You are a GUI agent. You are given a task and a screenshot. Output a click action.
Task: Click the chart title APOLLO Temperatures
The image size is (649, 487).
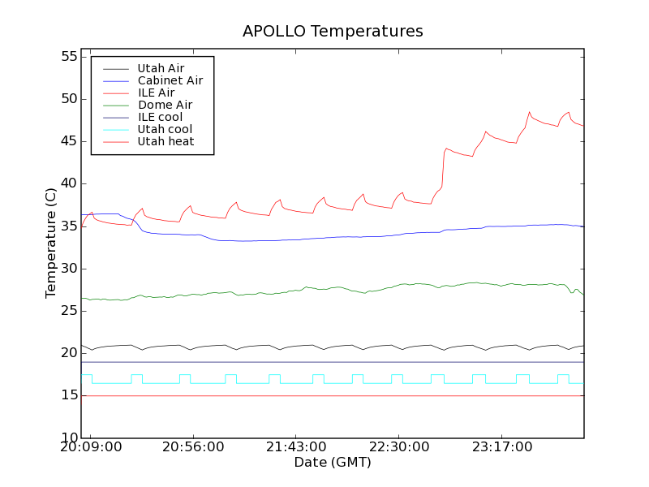tap(333, 32)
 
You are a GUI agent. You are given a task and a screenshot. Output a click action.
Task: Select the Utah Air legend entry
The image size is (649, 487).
tap(161, 68)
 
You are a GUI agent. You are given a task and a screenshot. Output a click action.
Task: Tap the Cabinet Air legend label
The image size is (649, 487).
tap(170, 80)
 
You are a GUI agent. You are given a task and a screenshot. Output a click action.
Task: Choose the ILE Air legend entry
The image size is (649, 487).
tap(156, 93)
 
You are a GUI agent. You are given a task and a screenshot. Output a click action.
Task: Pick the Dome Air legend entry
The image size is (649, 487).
tap(165, 105)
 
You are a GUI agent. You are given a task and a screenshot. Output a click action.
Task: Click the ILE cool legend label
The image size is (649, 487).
tap(160, 117)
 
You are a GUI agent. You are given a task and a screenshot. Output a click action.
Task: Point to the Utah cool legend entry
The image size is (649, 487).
tap(165, 129)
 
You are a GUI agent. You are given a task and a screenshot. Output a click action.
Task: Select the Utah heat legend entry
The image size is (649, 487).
tap(165, 141)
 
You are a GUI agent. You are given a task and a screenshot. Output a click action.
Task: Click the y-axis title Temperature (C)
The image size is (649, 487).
tap(51, 243)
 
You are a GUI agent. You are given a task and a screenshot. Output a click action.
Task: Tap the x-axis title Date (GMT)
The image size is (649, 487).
tap(333, 463)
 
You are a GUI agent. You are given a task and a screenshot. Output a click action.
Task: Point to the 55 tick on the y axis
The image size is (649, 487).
tap(67, 57)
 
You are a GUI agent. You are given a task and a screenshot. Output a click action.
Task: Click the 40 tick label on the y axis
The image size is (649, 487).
tap(67, 184)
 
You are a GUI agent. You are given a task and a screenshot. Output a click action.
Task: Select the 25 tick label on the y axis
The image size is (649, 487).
tap(67, 311)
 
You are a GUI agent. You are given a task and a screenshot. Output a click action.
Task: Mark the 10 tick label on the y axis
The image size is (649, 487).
tap(67, 438)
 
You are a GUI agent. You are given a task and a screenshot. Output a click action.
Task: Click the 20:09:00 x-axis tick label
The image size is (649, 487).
tap(91, 447)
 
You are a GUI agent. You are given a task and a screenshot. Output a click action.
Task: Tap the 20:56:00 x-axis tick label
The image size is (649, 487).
tap(193, 447)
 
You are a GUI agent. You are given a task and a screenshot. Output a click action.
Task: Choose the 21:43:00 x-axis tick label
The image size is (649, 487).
tap(296, 447)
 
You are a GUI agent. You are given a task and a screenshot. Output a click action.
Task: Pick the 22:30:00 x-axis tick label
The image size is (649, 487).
tap(398, 447)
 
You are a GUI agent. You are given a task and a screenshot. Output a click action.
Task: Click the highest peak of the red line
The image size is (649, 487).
tap(530, 112)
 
